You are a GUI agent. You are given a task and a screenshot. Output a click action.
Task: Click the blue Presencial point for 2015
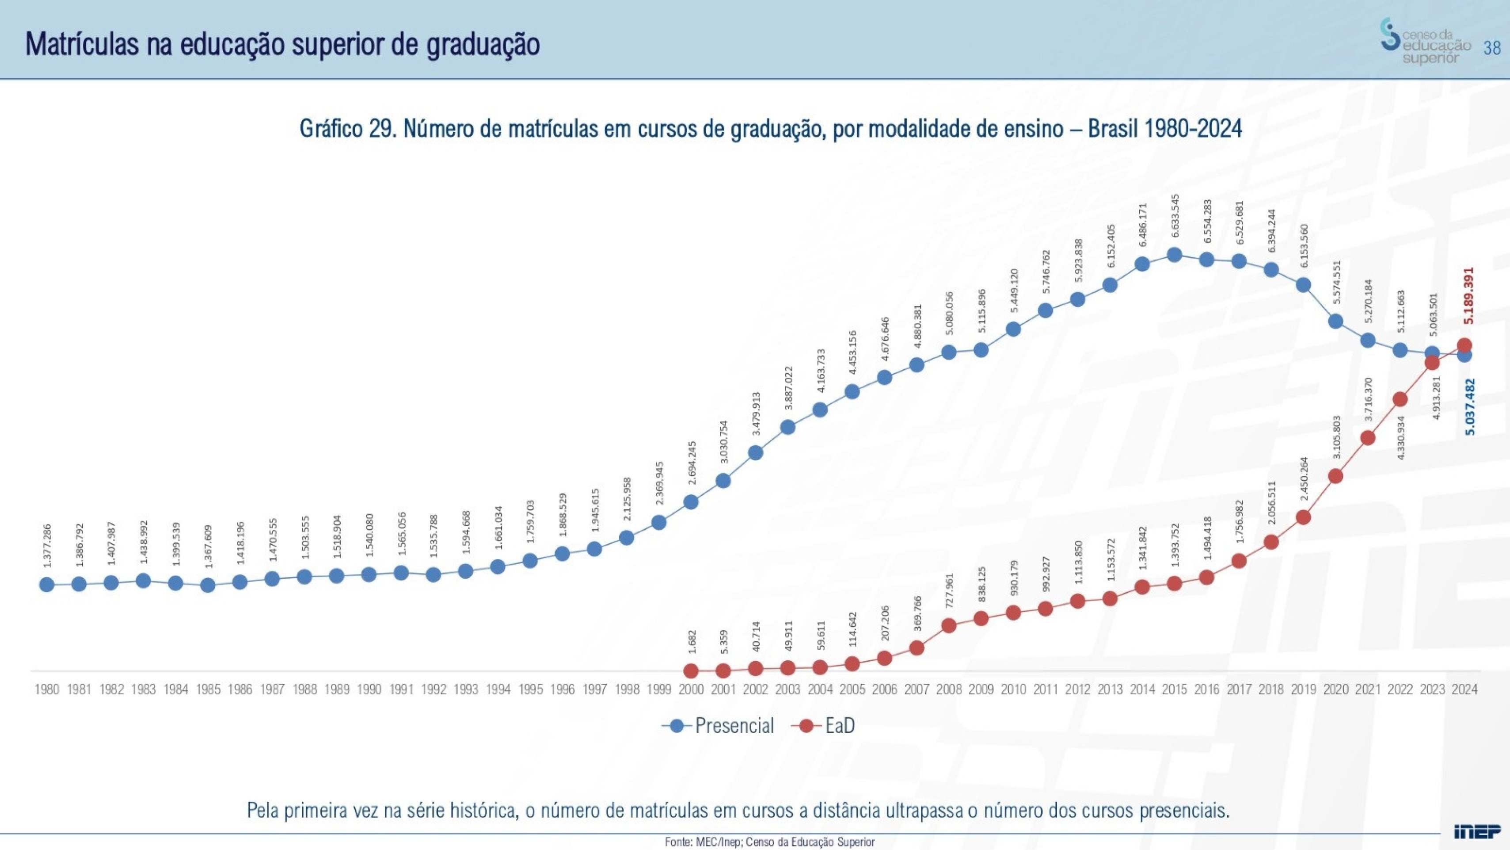tap(1174, 255)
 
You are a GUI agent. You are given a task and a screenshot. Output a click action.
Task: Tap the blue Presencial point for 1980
tap(47, 584)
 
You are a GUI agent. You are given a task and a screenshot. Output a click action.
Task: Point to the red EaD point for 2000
tap(691, 670)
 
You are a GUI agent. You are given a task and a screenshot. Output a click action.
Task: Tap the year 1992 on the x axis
tap(433, 689)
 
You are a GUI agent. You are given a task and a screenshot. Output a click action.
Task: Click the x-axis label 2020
tap(1335, 689)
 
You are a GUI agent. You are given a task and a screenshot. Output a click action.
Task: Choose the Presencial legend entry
tap(719, 726)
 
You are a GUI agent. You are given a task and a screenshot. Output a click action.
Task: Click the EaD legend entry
tap(824, 726)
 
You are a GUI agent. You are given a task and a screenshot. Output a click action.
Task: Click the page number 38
tap(1492, 47)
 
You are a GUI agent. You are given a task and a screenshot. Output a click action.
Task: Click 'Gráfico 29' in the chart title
tap(348, 128)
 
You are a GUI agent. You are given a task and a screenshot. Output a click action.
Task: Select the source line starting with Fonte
tap(769, 842)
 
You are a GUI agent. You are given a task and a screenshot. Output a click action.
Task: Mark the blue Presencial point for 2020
tap(1335, 321)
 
